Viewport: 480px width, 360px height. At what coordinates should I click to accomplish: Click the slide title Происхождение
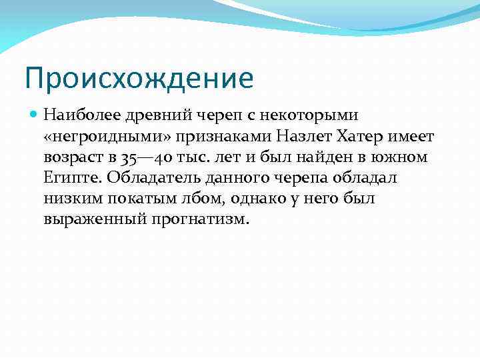pos(139,78)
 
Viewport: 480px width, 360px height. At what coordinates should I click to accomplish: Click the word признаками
pos(218,137)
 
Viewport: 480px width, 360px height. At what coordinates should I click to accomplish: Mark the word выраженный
pos(91,219)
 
